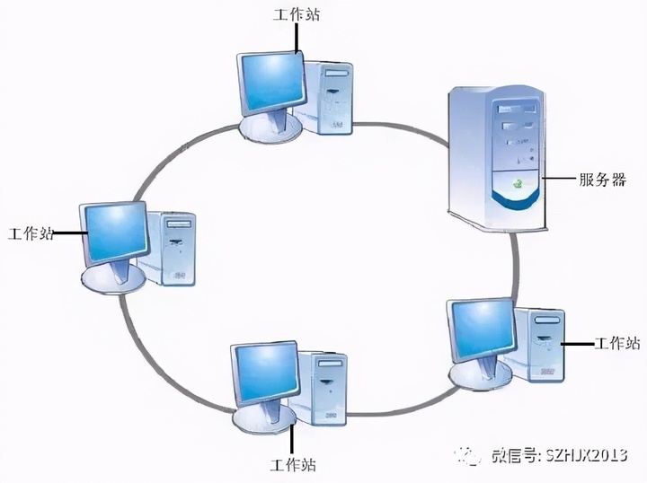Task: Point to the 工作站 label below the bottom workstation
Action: tap(292, 465)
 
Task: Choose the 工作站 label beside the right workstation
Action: tap(617, 343)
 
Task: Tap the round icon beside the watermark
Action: tap(472, 455)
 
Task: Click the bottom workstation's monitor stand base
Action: tap(265, 416)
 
